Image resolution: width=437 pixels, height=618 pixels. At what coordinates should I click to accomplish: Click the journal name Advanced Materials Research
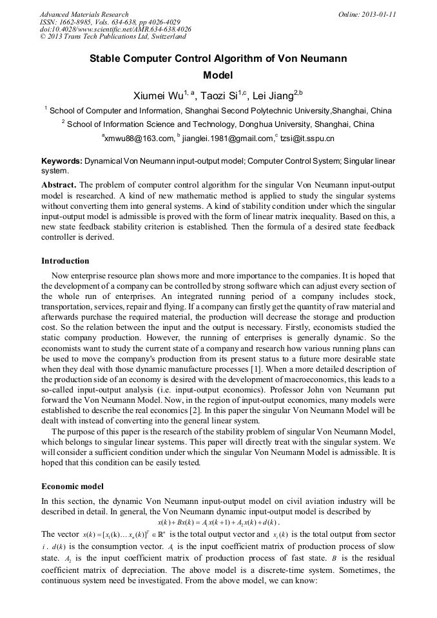(x=84, y=14)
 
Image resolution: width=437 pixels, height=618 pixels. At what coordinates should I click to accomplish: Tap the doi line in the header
(x=115, y=30)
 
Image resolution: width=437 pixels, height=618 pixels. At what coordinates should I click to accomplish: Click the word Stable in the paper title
(x=107, y=59)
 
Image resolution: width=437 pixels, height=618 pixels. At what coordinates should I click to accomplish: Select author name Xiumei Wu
(x=157, y=96)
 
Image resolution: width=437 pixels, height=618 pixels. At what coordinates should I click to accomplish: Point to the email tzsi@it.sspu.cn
(x=306, y=138)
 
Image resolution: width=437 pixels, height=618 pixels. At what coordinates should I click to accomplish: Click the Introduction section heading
(x=65, y=261)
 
